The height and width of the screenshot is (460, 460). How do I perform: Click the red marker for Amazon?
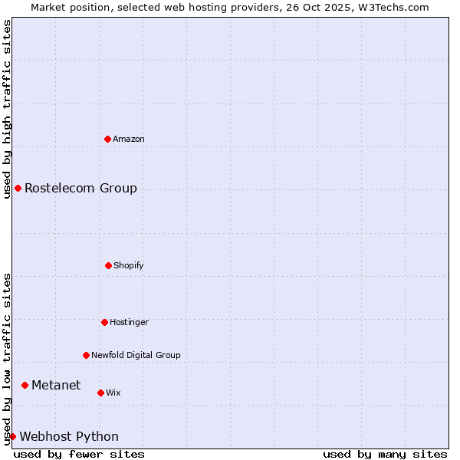(x=107, y=139)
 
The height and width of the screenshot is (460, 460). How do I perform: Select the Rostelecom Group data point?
(x=18, y=188)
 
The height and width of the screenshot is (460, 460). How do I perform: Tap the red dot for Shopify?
(x=108, y=265)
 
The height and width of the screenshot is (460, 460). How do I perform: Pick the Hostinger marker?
(x=104, y=322)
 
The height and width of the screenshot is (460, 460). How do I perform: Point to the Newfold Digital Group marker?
(x=86, y=355)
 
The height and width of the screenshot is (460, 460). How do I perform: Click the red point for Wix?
(x=100, y=393)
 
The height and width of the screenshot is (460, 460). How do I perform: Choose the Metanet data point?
(x=25, y=385)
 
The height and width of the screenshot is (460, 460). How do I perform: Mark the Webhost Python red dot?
(x=12, y=436)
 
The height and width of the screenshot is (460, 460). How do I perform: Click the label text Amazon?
(x=129, y=139)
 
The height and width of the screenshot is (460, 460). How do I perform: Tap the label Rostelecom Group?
(x=80, y=188)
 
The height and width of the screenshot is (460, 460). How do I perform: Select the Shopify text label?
(x=129, y=265)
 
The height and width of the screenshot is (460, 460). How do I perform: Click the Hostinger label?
(x=129, y=322)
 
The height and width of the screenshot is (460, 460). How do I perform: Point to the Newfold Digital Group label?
(x=136, y=355)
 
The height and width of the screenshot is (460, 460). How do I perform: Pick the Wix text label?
(x=113, y=393)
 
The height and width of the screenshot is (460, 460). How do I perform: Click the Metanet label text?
(x=56, y=385)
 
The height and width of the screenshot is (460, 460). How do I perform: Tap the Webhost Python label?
(x=69, y=436)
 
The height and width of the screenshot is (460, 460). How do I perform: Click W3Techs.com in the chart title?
(x=391, y=7)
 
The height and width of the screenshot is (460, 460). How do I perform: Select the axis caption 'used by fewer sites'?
(x=79, y=454)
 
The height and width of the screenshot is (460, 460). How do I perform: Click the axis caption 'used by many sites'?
(x=385, y=454)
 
